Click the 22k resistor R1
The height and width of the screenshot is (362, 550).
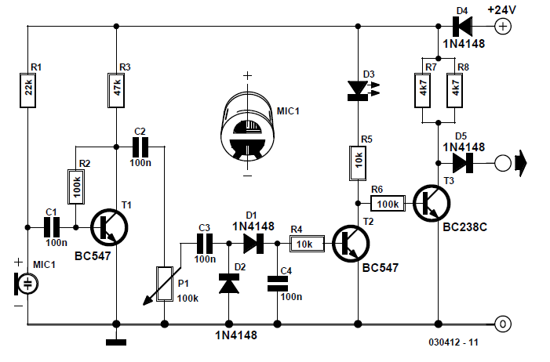(27, 90)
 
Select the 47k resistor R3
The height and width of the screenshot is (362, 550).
(116, 90)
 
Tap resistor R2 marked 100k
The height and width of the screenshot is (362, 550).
(76, 186)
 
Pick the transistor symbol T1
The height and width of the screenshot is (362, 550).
(109, 227)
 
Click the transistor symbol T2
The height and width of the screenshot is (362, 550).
(351, 244)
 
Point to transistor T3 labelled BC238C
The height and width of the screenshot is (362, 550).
(432, 203)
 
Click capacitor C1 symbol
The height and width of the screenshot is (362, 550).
(52, 227)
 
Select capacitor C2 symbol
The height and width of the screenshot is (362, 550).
(140, 147)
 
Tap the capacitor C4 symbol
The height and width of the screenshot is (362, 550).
(278, 284)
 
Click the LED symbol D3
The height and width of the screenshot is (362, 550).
(359, 91)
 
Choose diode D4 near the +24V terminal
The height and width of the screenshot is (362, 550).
(462, 27)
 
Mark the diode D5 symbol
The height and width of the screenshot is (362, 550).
(463, 163)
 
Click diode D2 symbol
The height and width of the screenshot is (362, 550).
(228, 284)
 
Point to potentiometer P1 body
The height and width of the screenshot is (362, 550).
(165, 284)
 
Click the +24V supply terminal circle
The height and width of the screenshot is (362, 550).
(503, 27)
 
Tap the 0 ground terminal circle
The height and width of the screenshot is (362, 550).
(503, 324)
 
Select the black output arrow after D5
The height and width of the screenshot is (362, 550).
(520, 163)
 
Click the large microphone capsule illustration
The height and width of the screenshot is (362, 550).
(247, 126)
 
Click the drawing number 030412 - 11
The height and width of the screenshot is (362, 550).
(453, 342)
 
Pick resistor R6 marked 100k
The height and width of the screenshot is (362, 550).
(388, 203)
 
